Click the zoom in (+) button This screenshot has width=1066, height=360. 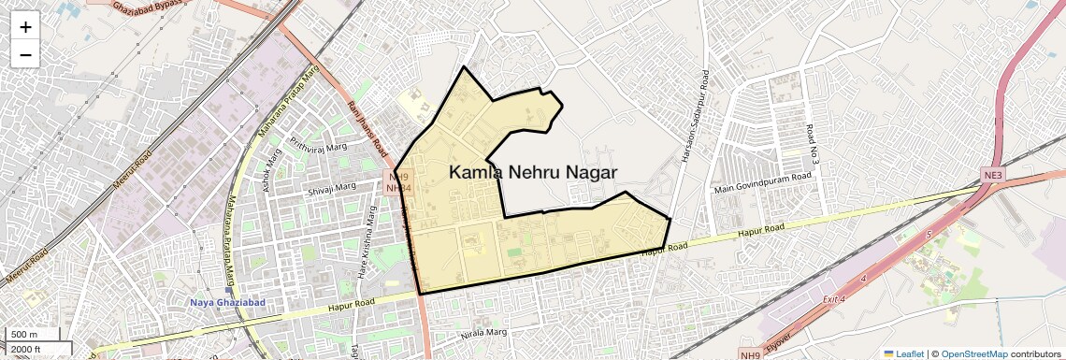(25, 27)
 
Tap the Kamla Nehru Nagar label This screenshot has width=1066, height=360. (533, 172)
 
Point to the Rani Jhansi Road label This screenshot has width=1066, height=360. (367, 129)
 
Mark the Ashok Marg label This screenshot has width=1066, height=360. (273, 170)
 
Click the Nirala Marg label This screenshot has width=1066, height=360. (483, 333)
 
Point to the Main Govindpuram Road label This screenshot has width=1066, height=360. (763, 183)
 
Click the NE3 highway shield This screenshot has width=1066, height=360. (992, 175)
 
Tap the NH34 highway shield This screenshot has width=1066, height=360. (398, 188)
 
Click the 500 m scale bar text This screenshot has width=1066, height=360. (25, 335)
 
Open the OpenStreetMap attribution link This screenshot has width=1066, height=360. (973, 353)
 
